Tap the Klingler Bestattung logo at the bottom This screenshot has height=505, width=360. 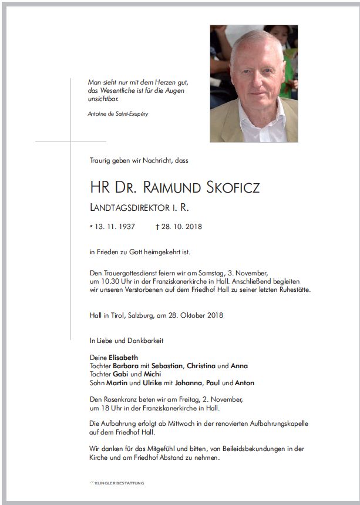click(x=117, y=483)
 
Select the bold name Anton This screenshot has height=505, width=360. click(x=244, y=383)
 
